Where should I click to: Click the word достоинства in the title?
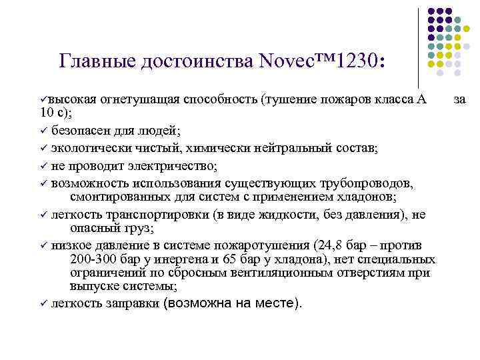tap(197, 61)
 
